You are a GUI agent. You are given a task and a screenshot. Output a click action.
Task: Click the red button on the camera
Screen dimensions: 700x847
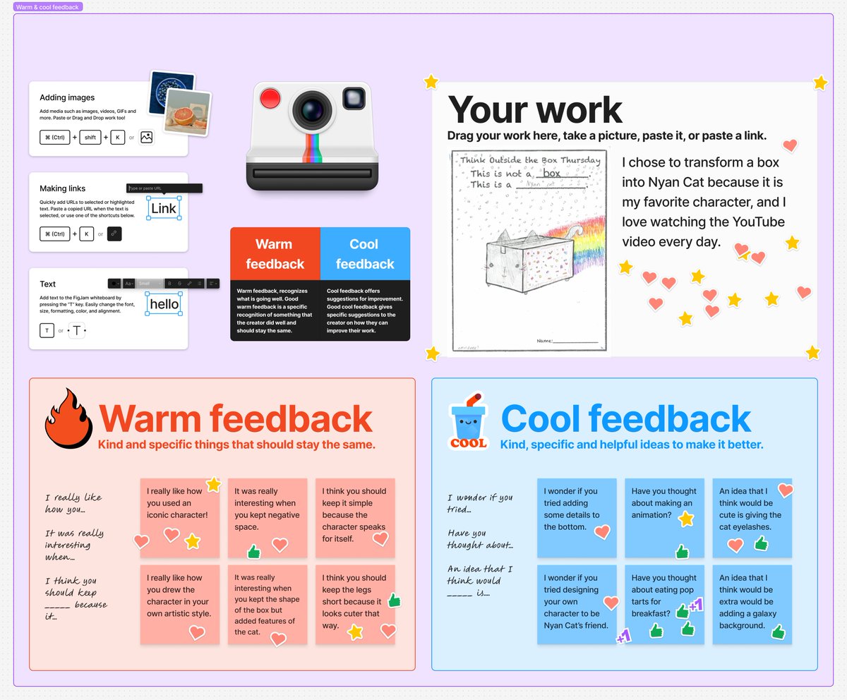(x=270, y=97)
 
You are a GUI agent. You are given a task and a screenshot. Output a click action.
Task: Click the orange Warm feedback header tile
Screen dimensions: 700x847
(x=275, y=254)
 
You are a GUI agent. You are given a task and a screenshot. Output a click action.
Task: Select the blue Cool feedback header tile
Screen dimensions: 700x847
(x=365, y=254)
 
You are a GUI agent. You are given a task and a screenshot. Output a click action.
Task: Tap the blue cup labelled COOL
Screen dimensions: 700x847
(x=468, y=422)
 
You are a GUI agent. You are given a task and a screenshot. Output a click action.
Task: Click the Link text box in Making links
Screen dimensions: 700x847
(x=164, y=208)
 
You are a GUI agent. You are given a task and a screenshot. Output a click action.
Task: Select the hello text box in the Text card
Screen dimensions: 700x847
(x=164, y=304)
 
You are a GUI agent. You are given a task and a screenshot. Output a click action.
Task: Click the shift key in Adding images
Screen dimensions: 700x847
(x=90, y=138)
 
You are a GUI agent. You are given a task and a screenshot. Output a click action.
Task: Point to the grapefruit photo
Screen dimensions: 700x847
(x=188, y=111)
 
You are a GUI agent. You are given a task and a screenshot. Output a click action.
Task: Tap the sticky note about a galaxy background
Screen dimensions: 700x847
(x=752, y=604)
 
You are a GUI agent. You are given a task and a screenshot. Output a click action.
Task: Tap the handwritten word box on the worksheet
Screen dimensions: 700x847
(x=551, y=174)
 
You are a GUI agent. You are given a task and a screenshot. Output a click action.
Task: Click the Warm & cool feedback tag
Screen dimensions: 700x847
(x=48, y=6)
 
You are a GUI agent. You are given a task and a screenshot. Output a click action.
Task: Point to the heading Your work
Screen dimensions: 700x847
(x=535, y=110)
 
